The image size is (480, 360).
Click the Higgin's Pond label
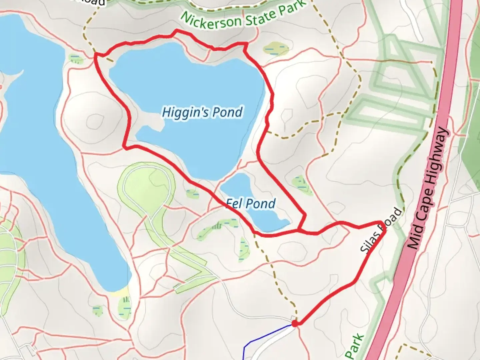pos(202,113)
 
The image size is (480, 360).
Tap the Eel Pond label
pos(251,203)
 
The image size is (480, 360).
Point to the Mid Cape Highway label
pos(428,188)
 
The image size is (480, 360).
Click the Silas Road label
pos(381,230)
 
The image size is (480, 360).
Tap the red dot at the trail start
pos(295,323)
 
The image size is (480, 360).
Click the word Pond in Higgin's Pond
pos(228,112)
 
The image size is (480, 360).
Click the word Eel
pos(233,203)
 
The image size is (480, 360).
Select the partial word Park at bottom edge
pos(355,347)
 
